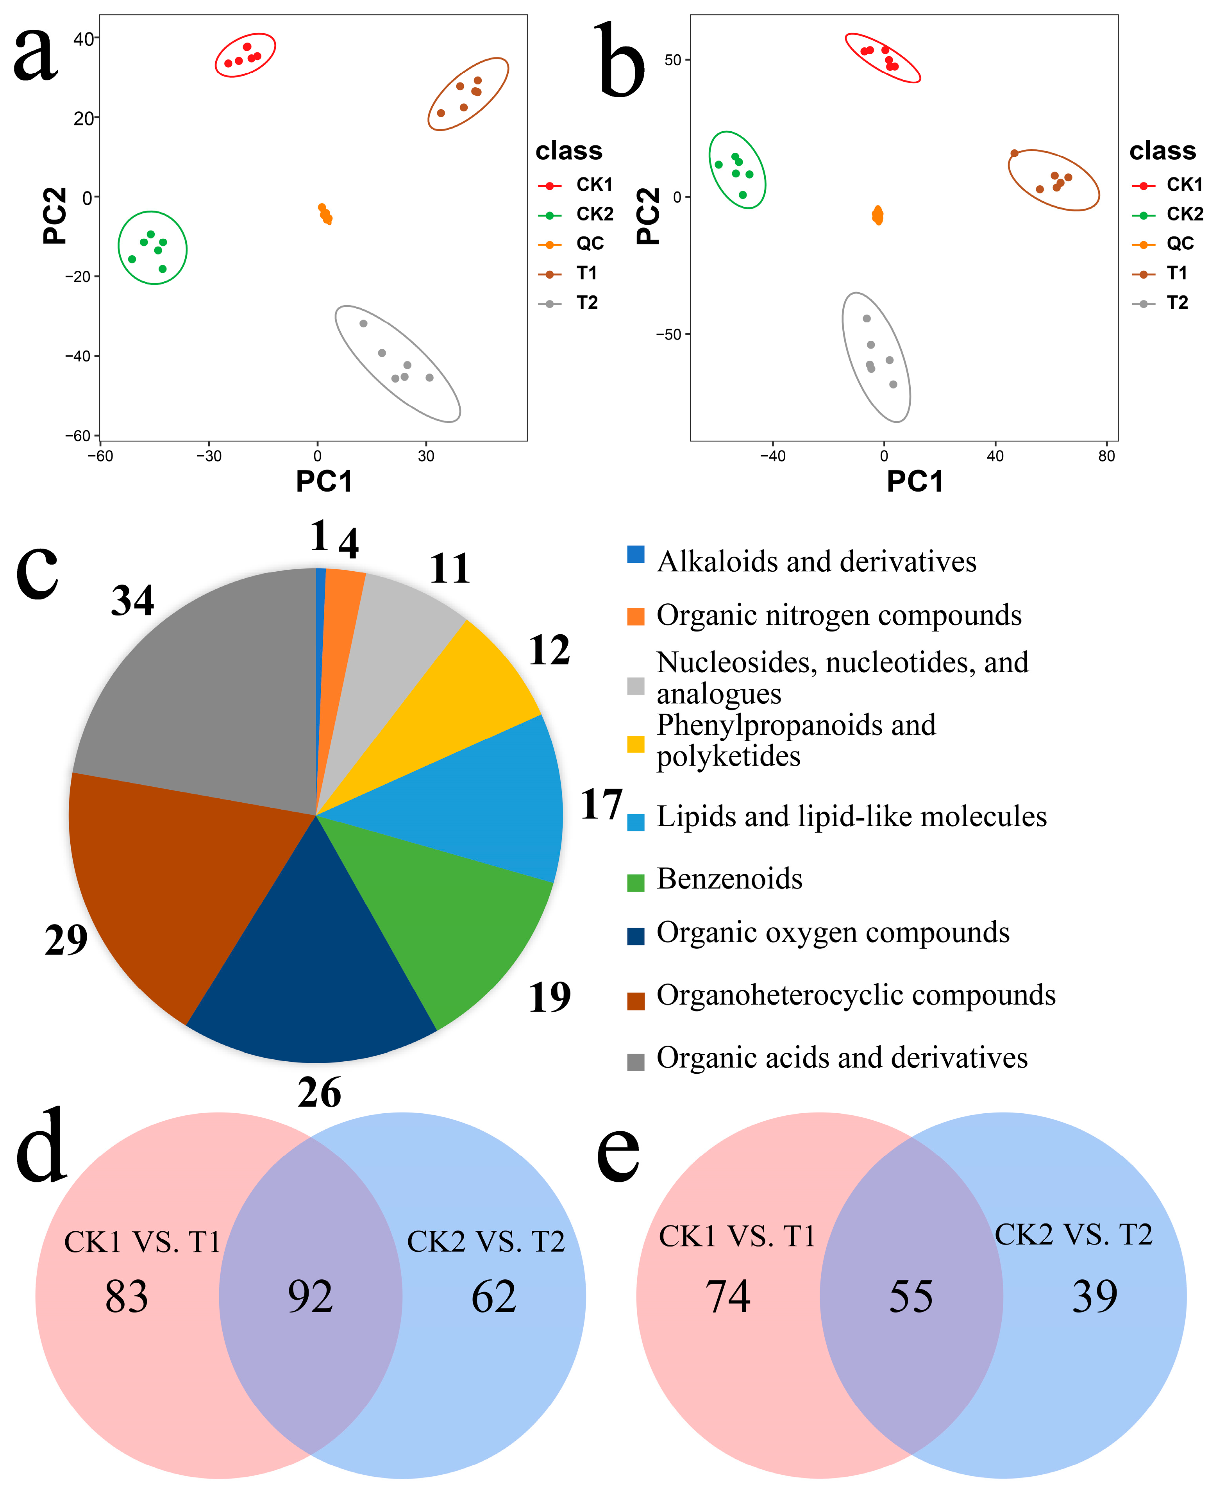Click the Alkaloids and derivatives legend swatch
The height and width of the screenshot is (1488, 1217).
point(635,554)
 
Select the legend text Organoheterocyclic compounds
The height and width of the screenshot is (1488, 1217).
point(855,994)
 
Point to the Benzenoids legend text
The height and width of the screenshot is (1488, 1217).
point(729,879)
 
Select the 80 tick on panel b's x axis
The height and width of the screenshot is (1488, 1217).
point(1106,456)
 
